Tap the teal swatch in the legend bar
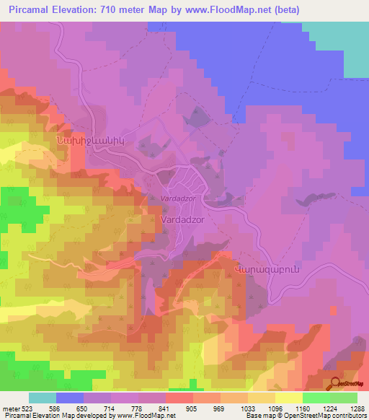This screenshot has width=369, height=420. (x=43, y=398)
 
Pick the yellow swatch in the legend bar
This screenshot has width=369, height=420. (x=288, y=398)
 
